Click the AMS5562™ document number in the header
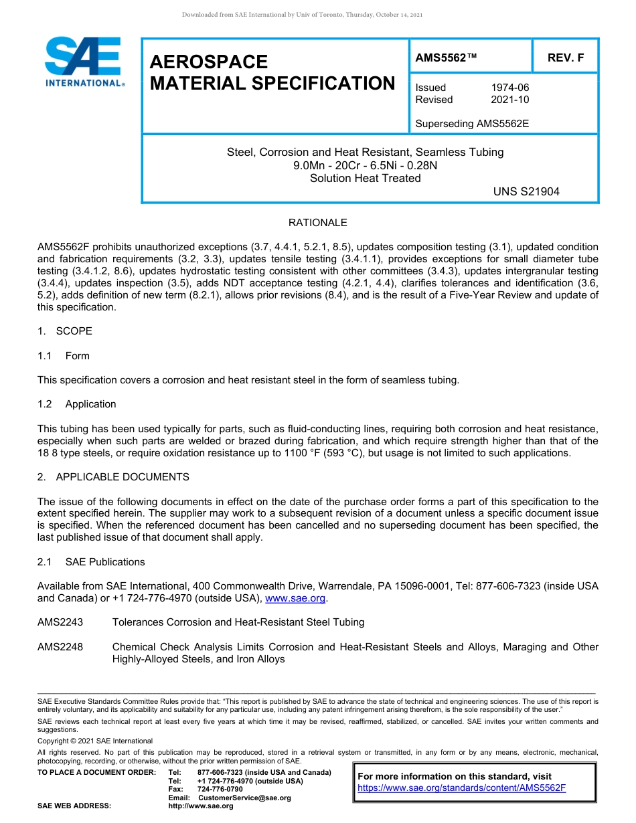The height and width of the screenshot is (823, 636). [x=447, y=58]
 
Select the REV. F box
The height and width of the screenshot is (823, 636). [x=565, y=58]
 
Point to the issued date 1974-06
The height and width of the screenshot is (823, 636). [x=509, y=88]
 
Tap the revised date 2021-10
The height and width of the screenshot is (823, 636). [x=509, y=100]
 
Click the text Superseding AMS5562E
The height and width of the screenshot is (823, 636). [x=472, y=124]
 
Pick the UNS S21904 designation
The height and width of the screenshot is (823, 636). [x=526, y=191]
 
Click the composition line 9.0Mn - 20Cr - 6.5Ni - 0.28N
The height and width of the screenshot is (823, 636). [x=365, y=165]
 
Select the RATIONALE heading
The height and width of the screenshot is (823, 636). [x=317, y=223]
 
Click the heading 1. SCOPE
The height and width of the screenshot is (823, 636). [x=65, y=331]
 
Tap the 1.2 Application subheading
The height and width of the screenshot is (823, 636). [x=77, y=404]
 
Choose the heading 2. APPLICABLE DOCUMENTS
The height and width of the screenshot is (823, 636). [x=113, y=477]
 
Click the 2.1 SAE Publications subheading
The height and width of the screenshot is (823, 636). [x=91, y=562]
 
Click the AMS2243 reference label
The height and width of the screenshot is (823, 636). [x=60, y=622]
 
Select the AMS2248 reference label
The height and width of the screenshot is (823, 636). [x=60, y=647]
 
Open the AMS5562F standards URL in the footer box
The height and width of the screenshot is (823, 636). [x=462, y=788]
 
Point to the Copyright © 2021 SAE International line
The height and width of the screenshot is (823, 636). [x=95, y=741]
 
